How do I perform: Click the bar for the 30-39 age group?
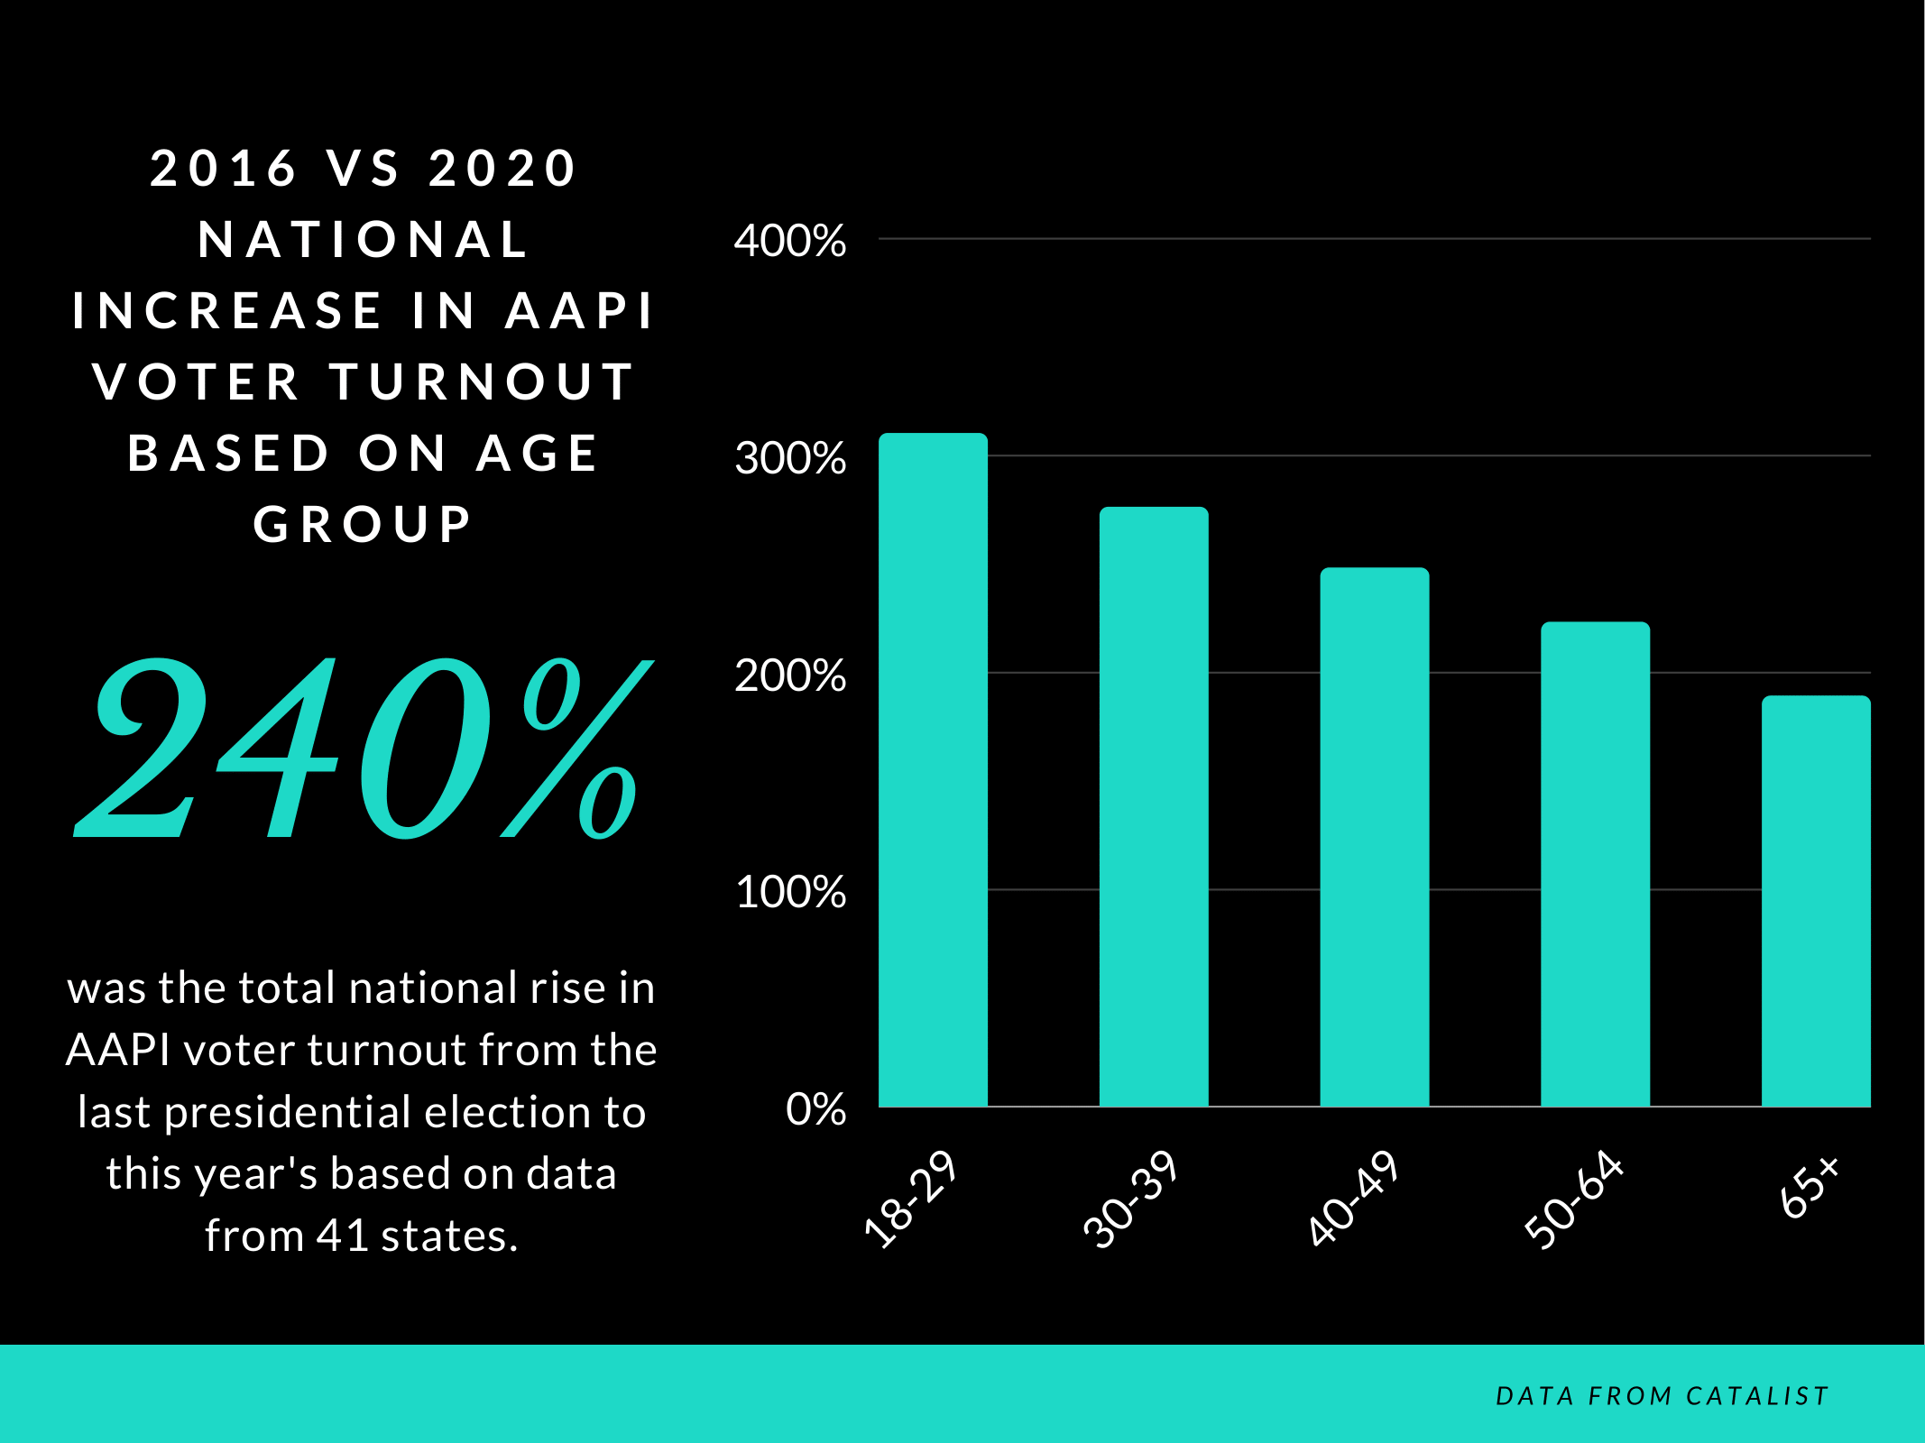click(x=1153, y=806)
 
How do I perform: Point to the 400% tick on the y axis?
click(x=789, y=241)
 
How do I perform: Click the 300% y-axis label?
click(x=789, y=458)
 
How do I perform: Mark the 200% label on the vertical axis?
click(x=789, y=676)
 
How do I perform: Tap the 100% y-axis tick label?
click(x=789, y=892)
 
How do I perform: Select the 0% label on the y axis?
click(x=815, y=1109)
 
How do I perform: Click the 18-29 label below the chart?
click(x=909, y=1199)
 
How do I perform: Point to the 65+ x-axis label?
click(x=1809, y=1188)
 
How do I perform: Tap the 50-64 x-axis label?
click(x=1573, y=1199)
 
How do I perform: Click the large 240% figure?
click(x=361, y=749)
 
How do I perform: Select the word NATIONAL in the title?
click(x=363, y=240)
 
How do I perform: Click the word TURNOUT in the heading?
click(x=483, y=382)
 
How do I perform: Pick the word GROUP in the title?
click(x=363, y=525)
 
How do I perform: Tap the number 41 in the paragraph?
click(x=342, y=1236)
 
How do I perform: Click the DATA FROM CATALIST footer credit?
click(x=1662, y=1396)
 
